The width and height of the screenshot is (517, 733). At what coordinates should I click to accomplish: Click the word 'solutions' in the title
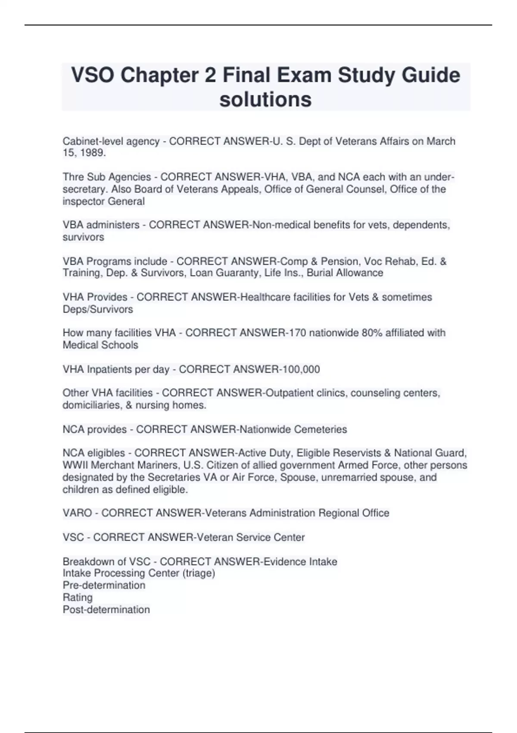tap(265, 99)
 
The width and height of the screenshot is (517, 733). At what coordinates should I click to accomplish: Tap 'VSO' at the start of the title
tap(92, 75)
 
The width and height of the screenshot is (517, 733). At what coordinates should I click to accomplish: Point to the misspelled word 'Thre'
tap(73, 177)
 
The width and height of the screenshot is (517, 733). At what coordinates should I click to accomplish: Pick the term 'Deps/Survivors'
tap(98, 309)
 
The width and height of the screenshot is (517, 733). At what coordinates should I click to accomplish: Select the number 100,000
tap(301, 369)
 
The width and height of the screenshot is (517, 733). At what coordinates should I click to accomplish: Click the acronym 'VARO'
tap(77, 513)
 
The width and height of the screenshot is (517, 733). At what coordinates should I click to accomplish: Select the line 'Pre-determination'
tap(104, 585)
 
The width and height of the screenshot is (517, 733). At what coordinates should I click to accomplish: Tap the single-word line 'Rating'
tap(78, 597)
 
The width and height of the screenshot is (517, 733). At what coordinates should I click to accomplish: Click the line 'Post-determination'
tap(106, 609)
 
